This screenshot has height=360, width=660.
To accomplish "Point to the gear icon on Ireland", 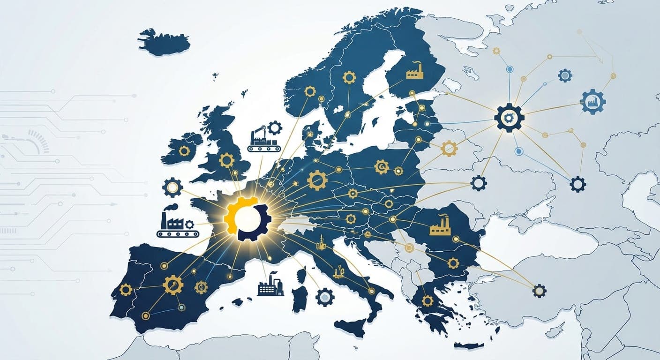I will coord(184,150).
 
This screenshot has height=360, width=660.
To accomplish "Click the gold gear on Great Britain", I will coord(226,160).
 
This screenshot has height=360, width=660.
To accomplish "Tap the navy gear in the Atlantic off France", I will coord(172,187).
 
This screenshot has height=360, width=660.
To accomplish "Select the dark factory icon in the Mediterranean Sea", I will coord(270,285).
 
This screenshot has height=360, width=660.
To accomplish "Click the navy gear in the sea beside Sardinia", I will coord(324,297).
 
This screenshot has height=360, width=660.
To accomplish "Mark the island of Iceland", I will coord(165,42).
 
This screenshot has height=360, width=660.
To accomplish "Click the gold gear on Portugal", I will coord(126,290).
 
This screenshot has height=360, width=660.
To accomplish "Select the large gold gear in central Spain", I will coord(172,285).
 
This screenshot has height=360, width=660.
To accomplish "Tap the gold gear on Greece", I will coord(427,300).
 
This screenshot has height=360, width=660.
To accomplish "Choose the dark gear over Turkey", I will coord(540,291).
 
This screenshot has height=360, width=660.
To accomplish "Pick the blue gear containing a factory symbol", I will coord(593,102).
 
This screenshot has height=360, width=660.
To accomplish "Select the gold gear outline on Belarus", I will coord(449,149).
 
